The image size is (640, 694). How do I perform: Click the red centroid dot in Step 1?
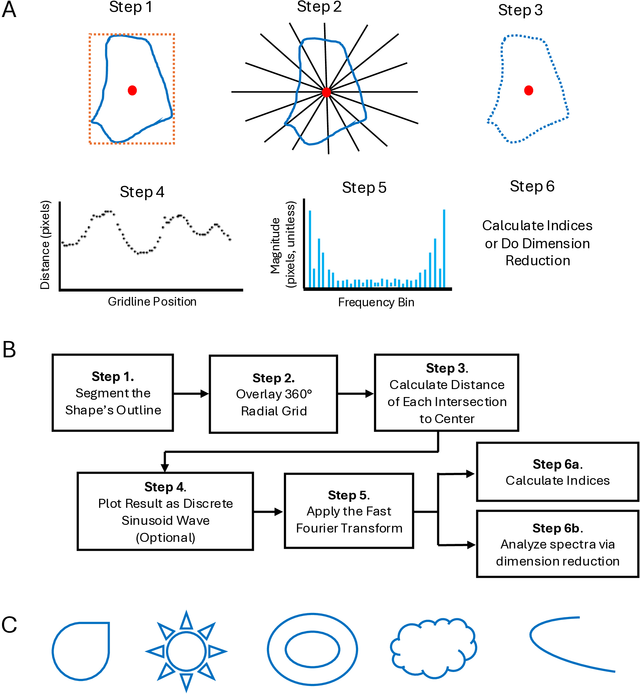point(132,90)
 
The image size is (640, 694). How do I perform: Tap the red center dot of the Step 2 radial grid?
point(326,92)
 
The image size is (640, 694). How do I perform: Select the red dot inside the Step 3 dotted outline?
point(529,90)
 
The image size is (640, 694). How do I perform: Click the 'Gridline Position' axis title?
point(152,302)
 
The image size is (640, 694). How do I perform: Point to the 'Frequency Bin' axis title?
point(376,302)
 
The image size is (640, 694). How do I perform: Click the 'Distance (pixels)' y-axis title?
point(45,245)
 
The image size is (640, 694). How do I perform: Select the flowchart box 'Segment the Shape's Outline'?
point(112,393)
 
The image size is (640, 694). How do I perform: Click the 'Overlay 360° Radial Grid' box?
point(273,394)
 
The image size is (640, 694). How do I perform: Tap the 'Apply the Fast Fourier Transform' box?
point(349,511)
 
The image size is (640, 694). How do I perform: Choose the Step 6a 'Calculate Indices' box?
point(557,472)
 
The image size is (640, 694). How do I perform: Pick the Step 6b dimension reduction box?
point(557,544)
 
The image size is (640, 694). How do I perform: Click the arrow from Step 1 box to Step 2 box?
point(191,393)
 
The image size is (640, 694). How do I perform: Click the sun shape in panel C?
point(186,651)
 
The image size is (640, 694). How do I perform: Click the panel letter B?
point(9,349)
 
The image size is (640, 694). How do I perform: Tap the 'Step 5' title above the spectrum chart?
point(364,188)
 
